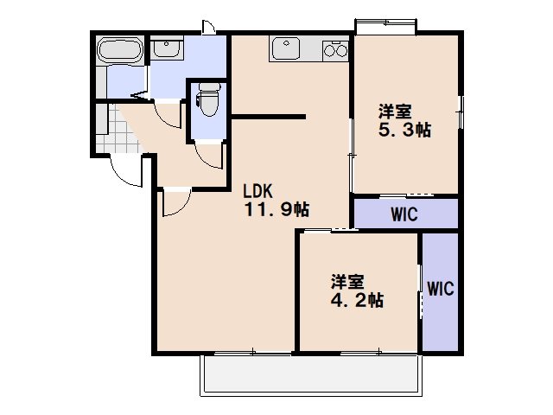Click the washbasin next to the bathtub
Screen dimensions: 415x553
(165, 49)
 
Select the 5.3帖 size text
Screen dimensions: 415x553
(404, 131)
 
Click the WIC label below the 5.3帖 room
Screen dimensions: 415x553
(404, 214)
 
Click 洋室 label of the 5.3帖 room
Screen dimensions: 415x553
(395, 112)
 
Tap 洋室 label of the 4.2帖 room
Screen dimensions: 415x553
(347, 282)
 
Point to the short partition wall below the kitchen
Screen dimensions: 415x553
(269, 116)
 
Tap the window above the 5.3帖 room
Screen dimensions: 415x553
(385, 26)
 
